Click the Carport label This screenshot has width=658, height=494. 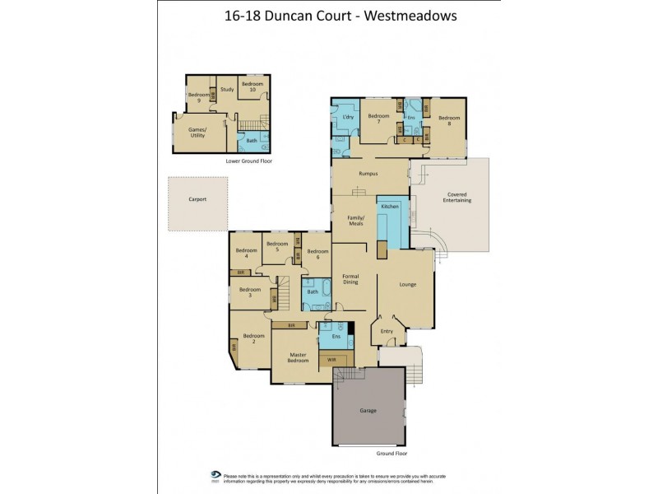point(197,199)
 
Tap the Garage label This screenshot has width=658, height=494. point(368,410)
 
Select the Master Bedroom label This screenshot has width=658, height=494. point(298,357)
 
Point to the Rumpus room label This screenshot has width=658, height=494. point(368,174)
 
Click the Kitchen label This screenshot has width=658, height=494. point(390,205)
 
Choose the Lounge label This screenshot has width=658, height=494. point(408,285)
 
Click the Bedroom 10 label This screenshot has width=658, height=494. point(253,88)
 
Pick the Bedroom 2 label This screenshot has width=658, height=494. point(253,338)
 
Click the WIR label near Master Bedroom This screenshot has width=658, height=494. point(332,360)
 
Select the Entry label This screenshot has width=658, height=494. point(387,331)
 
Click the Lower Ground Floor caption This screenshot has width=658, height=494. point(249,161)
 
